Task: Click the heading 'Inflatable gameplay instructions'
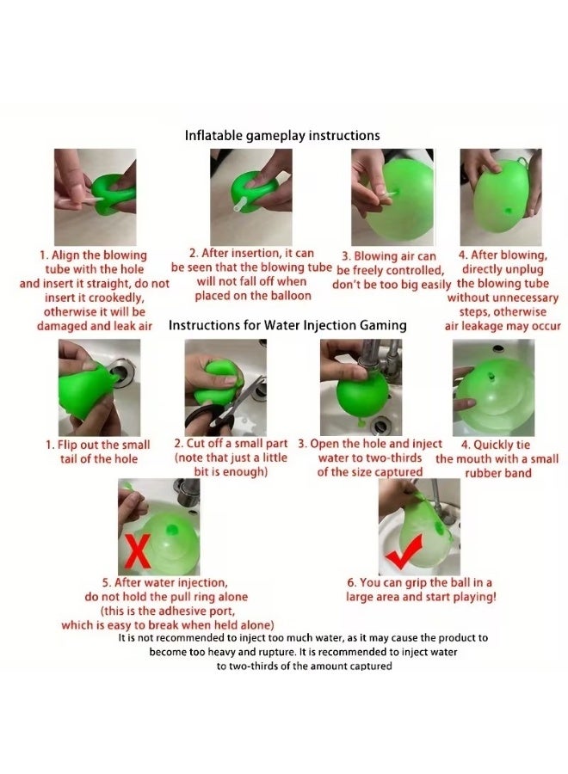(x=282, y=136)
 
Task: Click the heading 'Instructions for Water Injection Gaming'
(x=287, y=325)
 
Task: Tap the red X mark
(x=138, y=551)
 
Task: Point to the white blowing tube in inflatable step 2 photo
(x=240, y=204)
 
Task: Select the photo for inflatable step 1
(x=95, y=197)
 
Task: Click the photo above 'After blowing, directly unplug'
(x=501, y=197)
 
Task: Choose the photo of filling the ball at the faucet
(x=361, y=387)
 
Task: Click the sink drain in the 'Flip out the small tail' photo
(x=118, y=369)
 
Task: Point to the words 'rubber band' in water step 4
(x=498, y=473)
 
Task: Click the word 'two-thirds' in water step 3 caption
(x=392, y=458)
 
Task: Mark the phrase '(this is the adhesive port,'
(x=168, y=611)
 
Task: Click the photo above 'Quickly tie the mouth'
(x=493, y=387)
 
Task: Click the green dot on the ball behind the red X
(x=172, y=530)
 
